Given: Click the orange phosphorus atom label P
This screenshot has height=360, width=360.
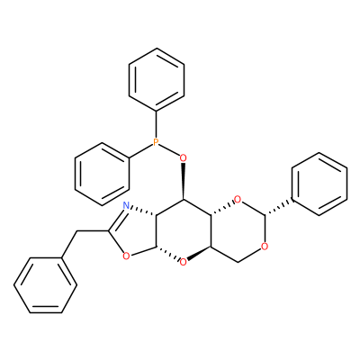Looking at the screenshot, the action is click(x=156, y=142).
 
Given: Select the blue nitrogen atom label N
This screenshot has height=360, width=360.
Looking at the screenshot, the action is click(x=126, y=205).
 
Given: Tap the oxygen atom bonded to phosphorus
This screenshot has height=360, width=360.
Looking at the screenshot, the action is click(x=183, y=157).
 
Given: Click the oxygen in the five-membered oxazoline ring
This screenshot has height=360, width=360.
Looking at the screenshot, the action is click(x=126, y=256).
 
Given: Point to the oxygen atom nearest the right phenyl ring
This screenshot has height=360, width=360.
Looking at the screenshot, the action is click(x=238, y=199).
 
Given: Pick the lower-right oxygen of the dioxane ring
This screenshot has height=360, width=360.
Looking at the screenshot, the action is click(x=265, y=247).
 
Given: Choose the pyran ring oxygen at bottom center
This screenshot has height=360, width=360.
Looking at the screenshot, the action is click(x=183, y=263).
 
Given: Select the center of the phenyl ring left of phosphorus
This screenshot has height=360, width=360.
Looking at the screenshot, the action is click(x=102, y=175).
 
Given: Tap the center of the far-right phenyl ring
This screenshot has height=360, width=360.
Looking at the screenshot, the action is click(x=319, y=184).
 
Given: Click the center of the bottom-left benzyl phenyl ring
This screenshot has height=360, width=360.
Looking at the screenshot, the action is click(x=46, y=285).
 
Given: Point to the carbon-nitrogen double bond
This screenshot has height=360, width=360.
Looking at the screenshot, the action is click(x=117, y=219).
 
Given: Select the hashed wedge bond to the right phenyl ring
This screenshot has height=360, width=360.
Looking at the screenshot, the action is click(x=278, y=208).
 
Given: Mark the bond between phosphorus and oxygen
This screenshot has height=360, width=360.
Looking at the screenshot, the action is click(x=169, y=149).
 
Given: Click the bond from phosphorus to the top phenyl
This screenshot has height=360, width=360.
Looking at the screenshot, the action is click(x=156, y=124).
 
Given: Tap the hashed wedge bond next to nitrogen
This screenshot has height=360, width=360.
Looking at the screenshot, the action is click(x=143, y=211).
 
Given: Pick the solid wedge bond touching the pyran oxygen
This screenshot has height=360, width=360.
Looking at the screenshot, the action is click(x=199, y=253).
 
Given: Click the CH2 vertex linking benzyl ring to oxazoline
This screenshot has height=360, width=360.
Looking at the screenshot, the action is click(x=77, y=231).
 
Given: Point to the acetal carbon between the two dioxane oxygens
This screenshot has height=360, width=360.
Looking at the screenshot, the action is click(x=265, y=215).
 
